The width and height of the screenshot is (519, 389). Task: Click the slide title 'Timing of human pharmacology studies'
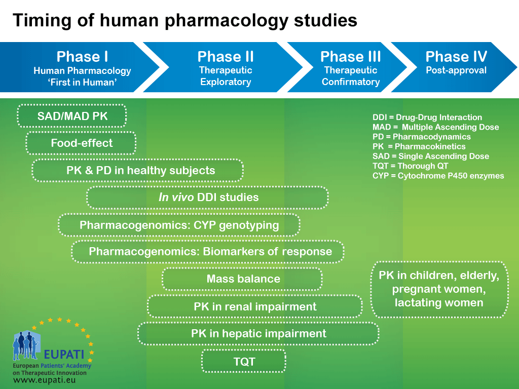[x=184, y=20]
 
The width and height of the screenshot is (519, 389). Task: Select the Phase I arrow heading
[x=82, y=57]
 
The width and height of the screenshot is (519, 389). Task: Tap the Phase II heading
[x=226, y=57]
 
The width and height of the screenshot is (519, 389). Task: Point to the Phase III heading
[x=351, y=57]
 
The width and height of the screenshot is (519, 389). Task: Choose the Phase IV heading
[x=456, y=57]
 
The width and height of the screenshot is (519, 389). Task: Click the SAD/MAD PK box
[x=72, y=116]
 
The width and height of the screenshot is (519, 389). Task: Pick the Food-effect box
[x=81, y=143]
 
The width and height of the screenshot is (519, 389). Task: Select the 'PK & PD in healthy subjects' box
[x=138, y=170]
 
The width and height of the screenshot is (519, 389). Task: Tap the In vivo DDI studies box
[x=208, y=197]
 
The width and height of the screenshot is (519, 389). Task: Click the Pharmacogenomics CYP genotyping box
[x=179, y=224]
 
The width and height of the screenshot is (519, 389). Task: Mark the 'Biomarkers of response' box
[x=208, y=251]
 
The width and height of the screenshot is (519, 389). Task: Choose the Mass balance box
[x=243, y=279]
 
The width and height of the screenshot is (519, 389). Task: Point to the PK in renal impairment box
[x=255, y=306]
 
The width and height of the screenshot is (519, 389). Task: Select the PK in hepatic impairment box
[x=258, y=333]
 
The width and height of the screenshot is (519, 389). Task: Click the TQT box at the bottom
[x=244, y=361]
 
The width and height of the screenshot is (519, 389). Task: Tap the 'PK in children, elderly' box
[x=439, y=289]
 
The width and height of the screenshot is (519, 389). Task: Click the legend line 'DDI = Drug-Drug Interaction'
[x=427, y=118]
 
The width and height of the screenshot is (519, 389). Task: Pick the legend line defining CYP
[x=438, y=176]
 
